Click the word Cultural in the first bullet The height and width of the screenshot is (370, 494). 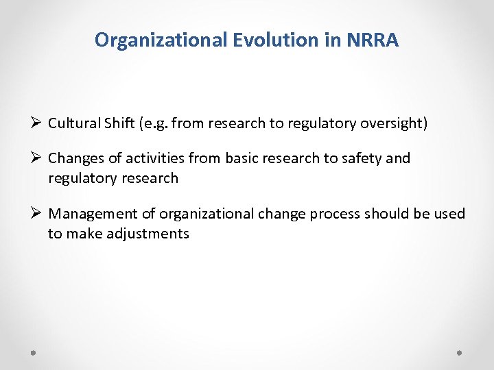tap(73, 123)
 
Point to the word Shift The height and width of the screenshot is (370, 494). tap(119, 123)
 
